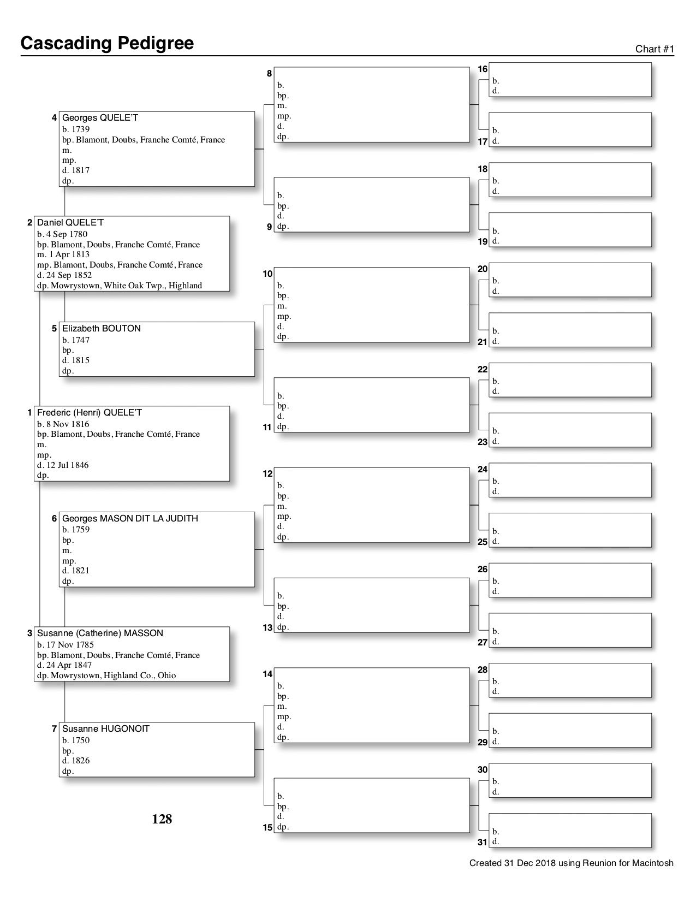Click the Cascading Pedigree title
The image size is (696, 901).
point(107,43)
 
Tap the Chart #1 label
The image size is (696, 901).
point(655,49)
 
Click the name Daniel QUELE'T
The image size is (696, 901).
point(70,223)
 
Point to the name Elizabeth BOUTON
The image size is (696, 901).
point(101,329)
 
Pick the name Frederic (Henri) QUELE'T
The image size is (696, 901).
point(89,413)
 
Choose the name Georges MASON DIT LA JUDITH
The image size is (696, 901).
point(130,519)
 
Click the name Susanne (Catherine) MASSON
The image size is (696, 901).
point(100,633)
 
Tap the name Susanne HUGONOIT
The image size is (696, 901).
point(105,729)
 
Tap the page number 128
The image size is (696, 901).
point(162,819)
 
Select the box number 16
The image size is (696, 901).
point(483,69)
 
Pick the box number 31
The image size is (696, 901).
point(483,842)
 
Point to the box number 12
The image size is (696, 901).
point(267,474)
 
